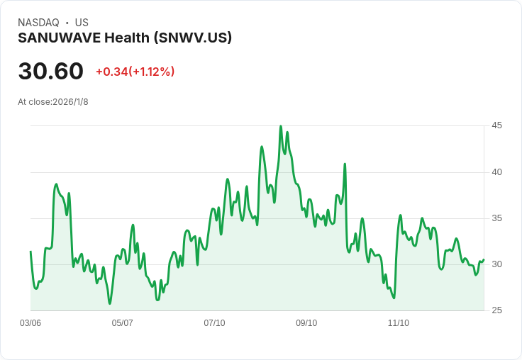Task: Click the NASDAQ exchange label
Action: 38,23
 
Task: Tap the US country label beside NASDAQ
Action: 82,23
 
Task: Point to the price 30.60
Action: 50,72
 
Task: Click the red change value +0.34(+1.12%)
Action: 135,72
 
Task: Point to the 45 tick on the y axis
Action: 496,125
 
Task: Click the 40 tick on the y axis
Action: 496,171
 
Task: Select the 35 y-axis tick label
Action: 496,218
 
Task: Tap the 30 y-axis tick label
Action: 496,264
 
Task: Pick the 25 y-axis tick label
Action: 496,310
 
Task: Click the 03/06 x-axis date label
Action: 30,323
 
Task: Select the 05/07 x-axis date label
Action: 123,323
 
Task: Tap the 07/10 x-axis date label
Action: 214,323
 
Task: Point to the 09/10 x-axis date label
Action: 306,323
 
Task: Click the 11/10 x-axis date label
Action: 399,323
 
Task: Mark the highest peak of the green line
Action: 281,127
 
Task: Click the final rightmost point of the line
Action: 484,260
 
